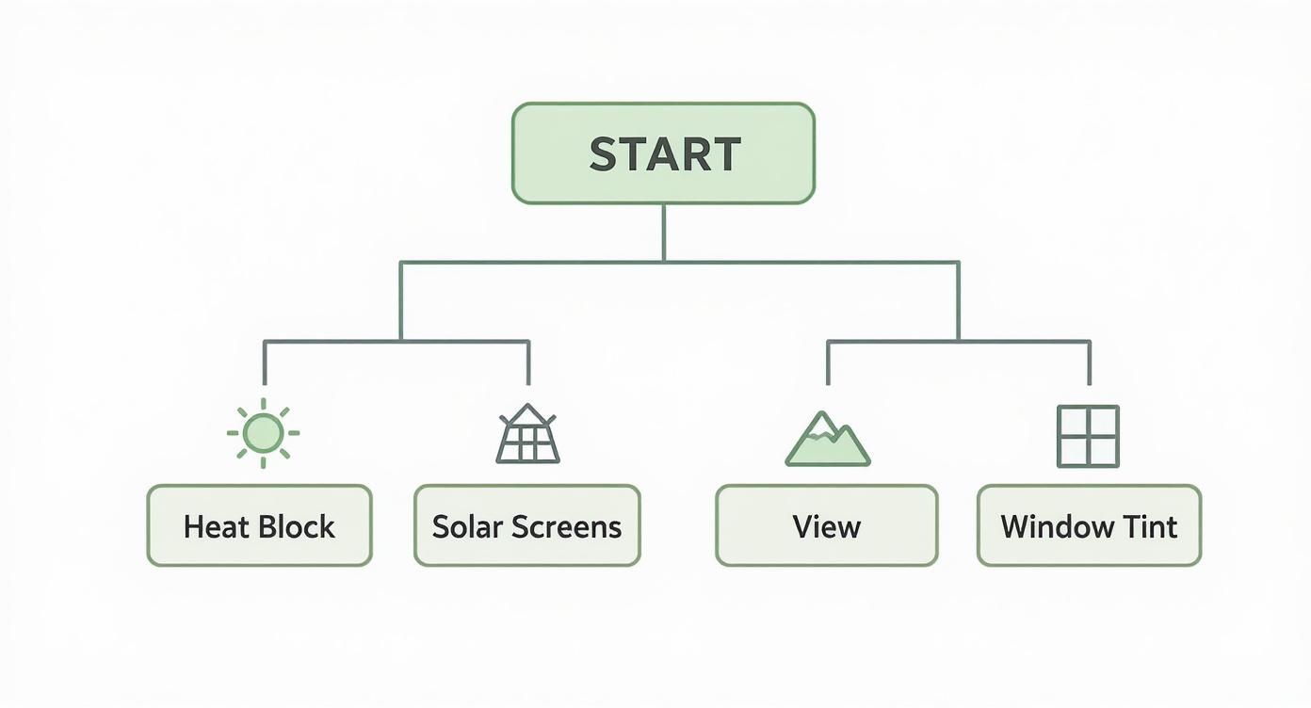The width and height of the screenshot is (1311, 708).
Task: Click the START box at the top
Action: pos(663,153)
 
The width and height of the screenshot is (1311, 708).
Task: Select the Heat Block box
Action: pos(259,525)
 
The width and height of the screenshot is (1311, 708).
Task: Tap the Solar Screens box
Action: pos(527,525)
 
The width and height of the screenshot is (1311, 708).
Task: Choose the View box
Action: pos(827,525)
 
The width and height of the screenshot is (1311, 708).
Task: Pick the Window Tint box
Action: pos(1089,525)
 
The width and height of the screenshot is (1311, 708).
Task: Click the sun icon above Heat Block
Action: pos(263,433)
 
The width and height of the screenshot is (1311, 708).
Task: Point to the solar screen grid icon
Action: pos(527,435)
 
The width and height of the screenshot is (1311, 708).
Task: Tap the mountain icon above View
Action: pos(827,440)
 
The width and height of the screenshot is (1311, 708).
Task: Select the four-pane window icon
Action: pos(1088,436)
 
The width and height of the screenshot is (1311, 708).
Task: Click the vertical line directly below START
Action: pos(663,232)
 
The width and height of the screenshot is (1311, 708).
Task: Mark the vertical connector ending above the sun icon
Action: pos(265,363)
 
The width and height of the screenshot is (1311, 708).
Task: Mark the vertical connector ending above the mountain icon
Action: pos(828,363)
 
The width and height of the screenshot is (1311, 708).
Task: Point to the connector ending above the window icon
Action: pos(1090,363)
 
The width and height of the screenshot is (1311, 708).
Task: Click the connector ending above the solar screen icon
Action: pos(528,363)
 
